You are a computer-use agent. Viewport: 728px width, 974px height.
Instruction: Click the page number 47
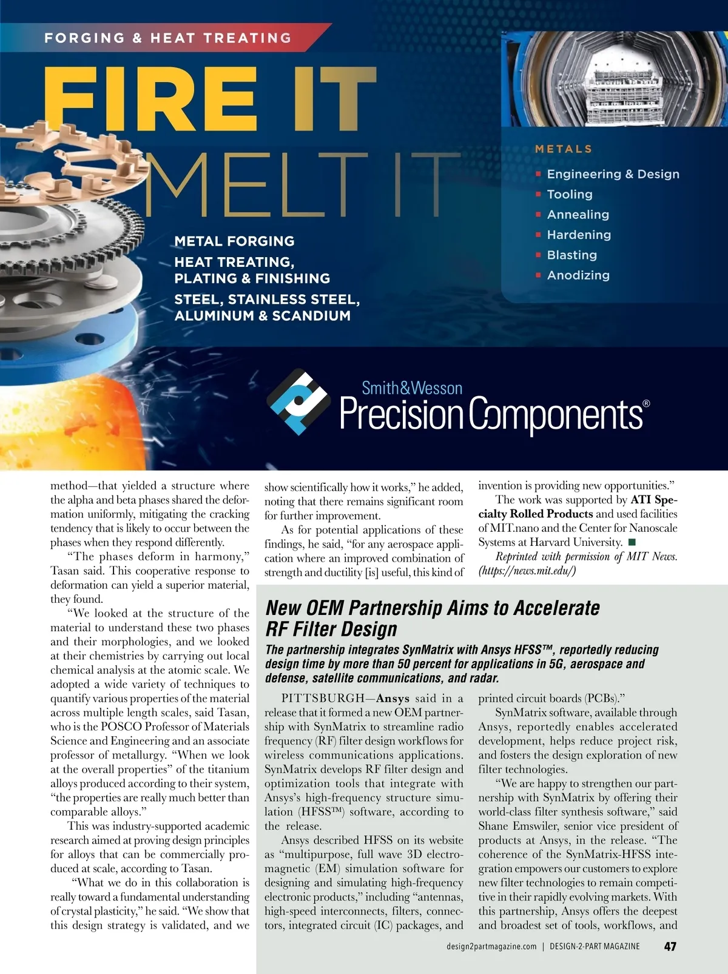coord(670,946)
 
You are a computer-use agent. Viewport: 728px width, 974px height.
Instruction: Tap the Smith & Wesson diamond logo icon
coord(298,401)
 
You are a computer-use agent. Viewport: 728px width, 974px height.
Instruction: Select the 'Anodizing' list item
coord(578,275)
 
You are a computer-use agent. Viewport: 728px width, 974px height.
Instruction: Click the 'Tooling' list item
coord(569,195)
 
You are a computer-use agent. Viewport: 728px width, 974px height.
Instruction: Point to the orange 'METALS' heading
coord(564,149)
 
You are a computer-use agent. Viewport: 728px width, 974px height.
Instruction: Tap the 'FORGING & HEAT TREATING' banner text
coord(168,38)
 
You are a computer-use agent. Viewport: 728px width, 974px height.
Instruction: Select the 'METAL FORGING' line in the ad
coord(234,241)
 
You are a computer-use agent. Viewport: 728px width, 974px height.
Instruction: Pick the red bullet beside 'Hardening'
coord(538,235)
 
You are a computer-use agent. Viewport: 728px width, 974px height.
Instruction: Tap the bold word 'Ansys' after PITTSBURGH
coord(393,699)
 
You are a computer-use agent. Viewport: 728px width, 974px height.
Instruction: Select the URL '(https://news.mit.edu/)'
coord(527,571)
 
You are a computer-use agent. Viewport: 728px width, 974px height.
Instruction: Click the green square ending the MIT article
coord(632,542)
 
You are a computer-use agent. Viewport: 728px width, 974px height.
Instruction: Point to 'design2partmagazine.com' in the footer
coord(491,947)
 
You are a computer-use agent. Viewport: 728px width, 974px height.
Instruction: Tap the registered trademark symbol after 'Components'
coord(646,403)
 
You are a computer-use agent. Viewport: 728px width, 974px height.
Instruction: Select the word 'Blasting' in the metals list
coord(571,255)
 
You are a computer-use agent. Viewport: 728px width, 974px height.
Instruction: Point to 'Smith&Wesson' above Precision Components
coord(412,388)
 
